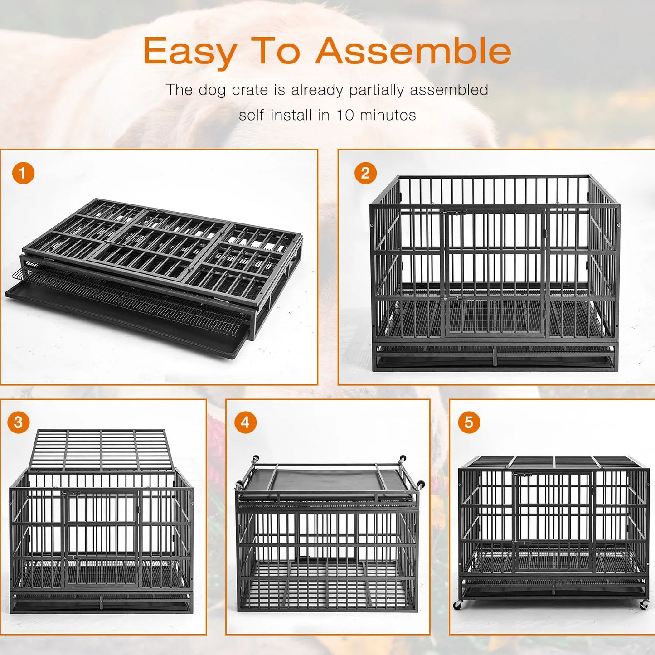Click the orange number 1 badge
click(23, 173)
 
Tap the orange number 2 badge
click(365, 173)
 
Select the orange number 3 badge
click(18, 422)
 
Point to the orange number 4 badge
click(245, 422)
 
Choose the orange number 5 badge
click(469, 422)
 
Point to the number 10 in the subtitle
click(344, 115)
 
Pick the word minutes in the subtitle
click(388, 115)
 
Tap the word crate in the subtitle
click(250, 90)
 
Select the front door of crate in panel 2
click(494, 272)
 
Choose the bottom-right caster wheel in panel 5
click(644, 605)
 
